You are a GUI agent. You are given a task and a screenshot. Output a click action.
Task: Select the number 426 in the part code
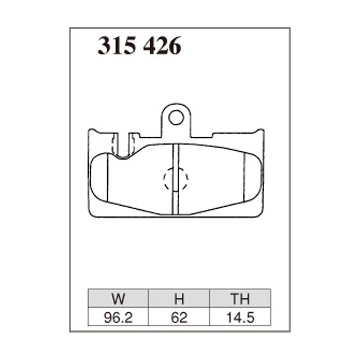pyautogui.click(x=162, y=46)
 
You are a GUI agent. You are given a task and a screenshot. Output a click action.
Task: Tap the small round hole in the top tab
pyautogui.click(x=176, y=118)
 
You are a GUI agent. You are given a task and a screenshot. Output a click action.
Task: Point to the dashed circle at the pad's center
pyautogui.click(x=175, y=179)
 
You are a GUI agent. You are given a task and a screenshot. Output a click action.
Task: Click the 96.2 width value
pyautogui.click(x=118, y=318)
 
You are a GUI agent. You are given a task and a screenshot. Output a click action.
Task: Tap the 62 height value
pyautogui.click(x=179, y=318)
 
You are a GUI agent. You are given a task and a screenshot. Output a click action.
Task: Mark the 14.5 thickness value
pyautogui.click(x=240, y=318)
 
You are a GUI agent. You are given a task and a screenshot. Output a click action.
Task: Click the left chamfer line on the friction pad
pyautogui.click(x=108, y=178)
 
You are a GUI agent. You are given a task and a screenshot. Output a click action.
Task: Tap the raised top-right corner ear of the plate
pyautogui.click(x=260, y=133)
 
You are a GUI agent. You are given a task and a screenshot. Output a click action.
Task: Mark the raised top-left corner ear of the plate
pyautogui.click(x=92, y=133)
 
